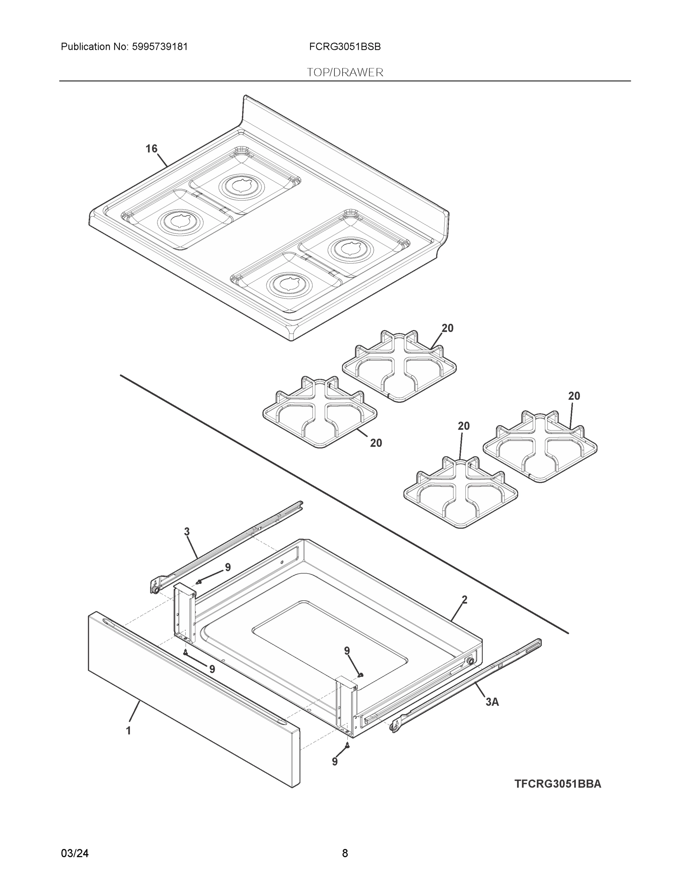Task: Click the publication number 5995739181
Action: [x=160, y=46]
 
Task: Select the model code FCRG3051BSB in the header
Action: [x=344, y=46]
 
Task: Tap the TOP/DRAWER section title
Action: [x=344, y=72]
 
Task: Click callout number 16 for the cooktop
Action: [x=151, y=149]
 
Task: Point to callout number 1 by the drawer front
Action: [x=128, y=731]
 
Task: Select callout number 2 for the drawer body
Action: [x=464, y=600]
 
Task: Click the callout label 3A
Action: [x=492, y=702]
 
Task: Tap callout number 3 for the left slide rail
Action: [x=187, y=532]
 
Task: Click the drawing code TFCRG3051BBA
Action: [x=558, y=784]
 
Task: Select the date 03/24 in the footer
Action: [x=74, y=853]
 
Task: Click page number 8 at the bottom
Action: [x=344, y=853]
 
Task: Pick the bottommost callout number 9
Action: [x=335, y=761]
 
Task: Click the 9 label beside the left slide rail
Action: [x=228, y=567]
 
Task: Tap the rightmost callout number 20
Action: [x=574, y=396]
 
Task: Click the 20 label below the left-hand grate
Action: [x=376, y=443]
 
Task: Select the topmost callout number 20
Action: [x=447, y=328]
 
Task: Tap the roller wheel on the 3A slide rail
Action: [x=395, y=725]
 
